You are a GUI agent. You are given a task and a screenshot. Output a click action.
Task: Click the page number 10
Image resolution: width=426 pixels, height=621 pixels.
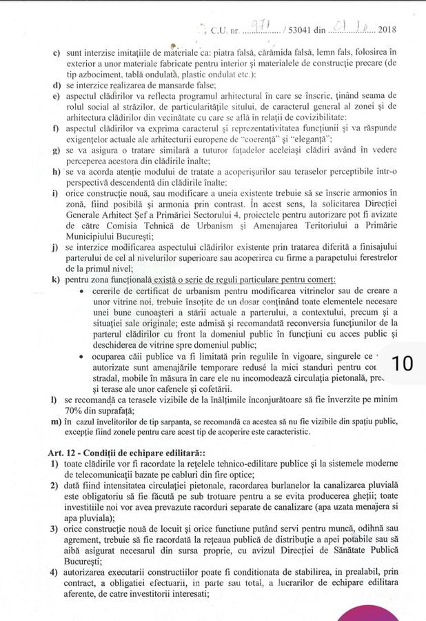pyautogui.click(x=402, y=364)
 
